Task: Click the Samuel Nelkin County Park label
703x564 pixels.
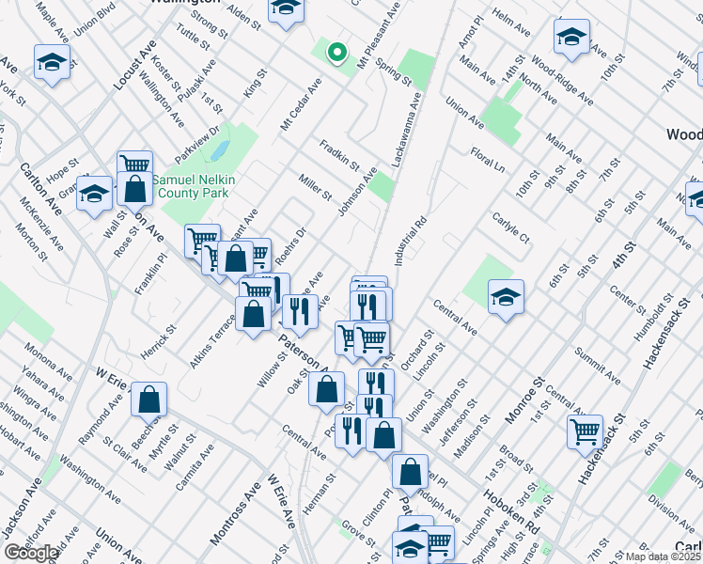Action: point(198,183)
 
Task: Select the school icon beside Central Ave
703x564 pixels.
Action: point(506,298)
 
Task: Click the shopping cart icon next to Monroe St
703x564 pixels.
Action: point(586,432)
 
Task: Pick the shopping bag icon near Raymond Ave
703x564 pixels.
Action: point(149,399)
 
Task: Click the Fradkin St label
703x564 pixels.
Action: point(339,154)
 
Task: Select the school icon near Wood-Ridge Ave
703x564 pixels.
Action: point(570,39)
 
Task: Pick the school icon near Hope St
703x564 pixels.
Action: point(94,195)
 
